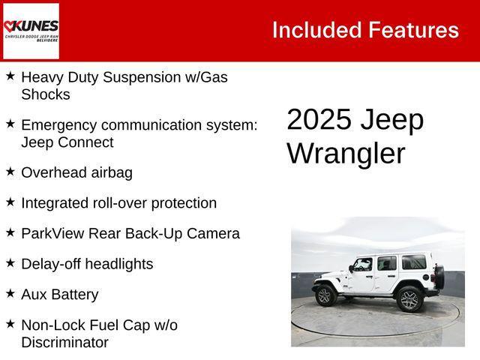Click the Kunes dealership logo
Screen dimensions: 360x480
click(x=31, y=31)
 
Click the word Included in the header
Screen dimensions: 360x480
click(x=316, y=30)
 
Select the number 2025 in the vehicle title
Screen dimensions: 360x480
click(x=319, y=120)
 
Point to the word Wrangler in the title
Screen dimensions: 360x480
click(x=346, y=153)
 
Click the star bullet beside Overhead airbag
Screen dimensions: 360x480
click(x=10, y=172)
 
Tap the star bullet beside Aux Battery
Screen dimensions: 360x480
click(x=10, y=294)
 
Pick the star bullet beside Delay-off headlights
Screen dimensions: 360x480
click(x=10, y=263)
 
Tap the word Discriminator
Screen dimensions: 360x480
click(x=64, y=343)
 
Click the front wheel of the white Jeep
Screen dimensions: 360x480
click(x=325, y=295)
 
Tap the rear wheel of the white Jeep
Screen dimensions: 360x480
click(x=409, y=298)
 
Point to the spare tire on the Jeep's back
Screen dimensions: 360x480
click(x=439, y=277)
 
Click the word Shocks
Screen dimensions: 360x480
click(x=46, y=94)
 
